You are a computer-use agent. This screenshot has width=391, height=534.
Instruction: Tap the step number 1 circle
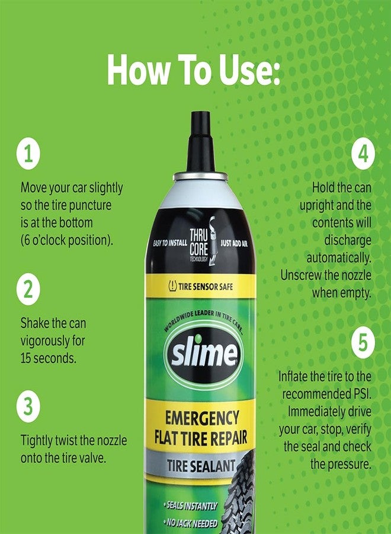(x=28, y=154)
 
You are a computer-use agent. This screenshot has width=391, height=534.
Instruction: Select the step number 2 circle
(x=28, y=290)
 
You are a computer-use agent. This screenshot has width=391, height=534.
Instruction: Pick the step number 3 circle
(x=28, y=407)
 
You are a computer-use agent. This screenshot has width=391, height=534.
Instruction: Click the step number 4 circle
(x=363, y=154)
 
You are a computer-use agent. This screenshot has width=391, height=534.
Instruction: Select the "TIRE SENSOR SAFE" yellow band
(x=201, y=286)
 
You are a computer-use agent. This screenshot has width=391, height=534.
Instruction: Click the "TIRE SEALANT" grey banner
(x=197, y=466)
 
